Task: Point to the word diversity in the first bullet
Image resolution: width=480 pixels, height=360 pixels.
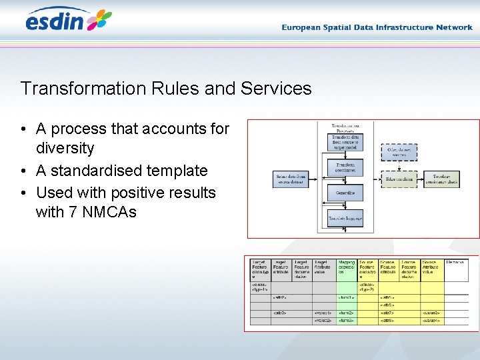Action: click(65, 148)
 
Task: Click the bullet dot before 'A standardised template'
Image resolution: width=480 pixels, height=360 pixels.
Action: click(23, 171)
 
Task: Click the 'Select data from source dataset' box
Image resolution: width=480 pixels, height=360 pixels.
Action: click(291, 179)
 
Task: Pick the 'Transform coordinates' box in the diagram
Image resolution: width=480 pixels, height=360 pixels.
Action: click(345, 167)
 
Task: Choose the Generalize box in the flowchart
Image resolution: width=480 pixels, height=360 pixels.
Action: click(345, 193)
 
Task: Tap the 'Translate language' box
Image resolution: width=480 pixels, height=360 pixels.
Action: click(345, 217)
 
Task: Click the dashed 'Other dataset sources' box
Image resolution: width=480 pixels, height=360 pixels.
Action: click(399, 152)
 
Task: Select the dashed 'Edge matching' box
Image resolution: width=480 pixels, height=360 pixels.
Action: click(399, 179)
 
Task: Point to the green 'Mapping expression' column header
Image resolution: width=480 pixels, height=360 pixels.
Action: click(347, 268)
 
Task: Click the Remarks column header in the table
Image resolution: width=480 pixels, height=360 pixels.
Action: click(455, 263)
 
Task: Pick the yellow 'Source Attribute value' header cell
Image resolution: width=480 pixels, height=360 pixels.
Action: click(431, 268)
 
